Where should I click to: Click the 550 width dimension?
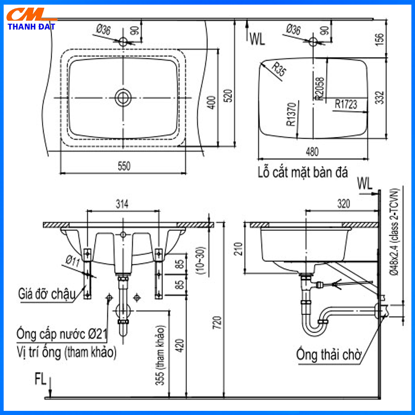point(123,166)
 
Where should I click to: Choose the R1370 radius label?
point(290,114)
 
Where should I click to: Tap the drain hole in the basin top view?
point(123,96)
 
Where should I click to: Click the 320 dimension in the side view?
point(342,204)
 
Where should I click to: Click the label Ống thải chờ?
point(328,355)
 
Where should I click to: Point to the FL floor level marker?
point(41,378)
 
